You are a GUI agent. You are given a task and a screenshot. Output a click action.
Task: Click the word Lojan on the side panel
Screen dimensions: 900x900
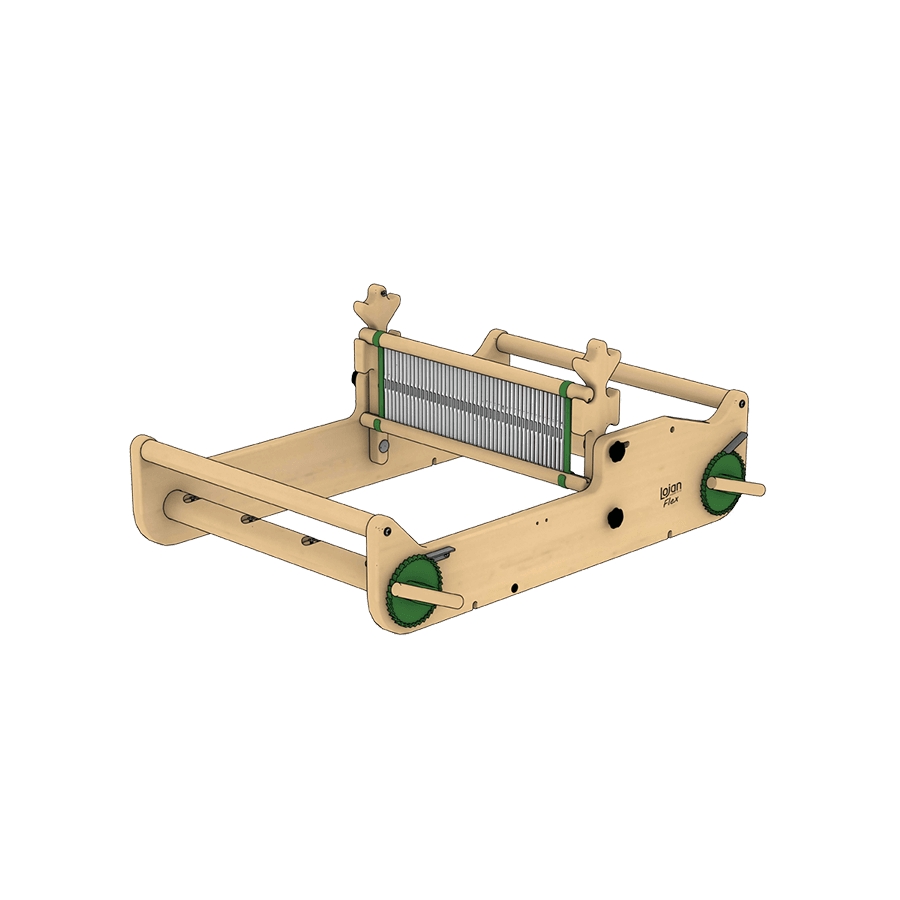(x=670, y=490)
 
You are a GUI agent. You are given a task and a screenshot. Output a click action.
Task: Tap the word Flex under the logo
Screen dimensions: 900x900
(x=671, y=502)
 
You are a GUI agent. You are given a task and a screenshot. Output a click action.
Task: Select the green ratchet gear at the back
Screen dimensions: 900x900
(x=722, y=483)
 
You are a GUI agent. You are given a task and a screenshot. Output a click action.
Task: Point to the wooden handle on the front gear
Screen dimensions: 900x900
(x=428, y=595)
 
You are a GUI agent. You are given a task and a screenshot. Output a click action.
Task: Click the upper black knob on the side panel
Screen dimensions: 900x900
(x=618, y=451)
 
